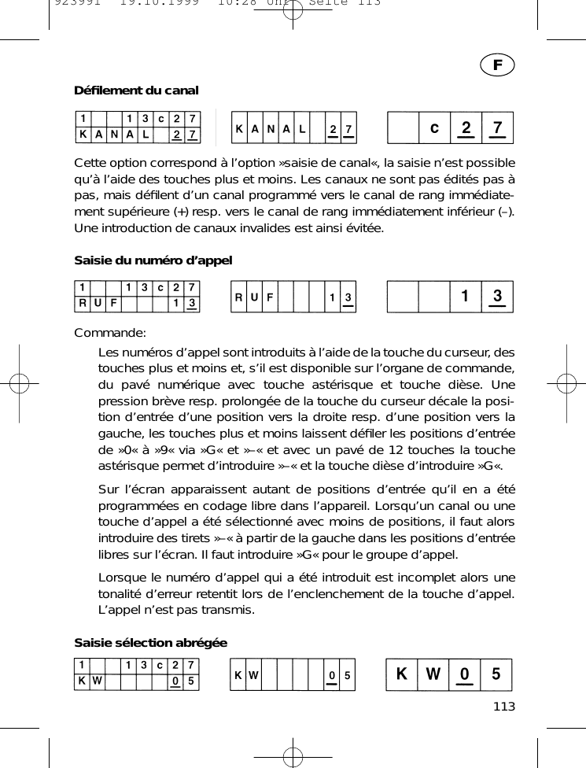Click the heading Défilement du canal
136,90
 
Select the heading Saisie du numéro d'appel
153,260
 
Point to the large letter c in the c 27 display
433,127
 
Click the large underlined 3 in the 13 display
497,297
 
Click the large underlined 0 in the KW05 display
466,675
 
